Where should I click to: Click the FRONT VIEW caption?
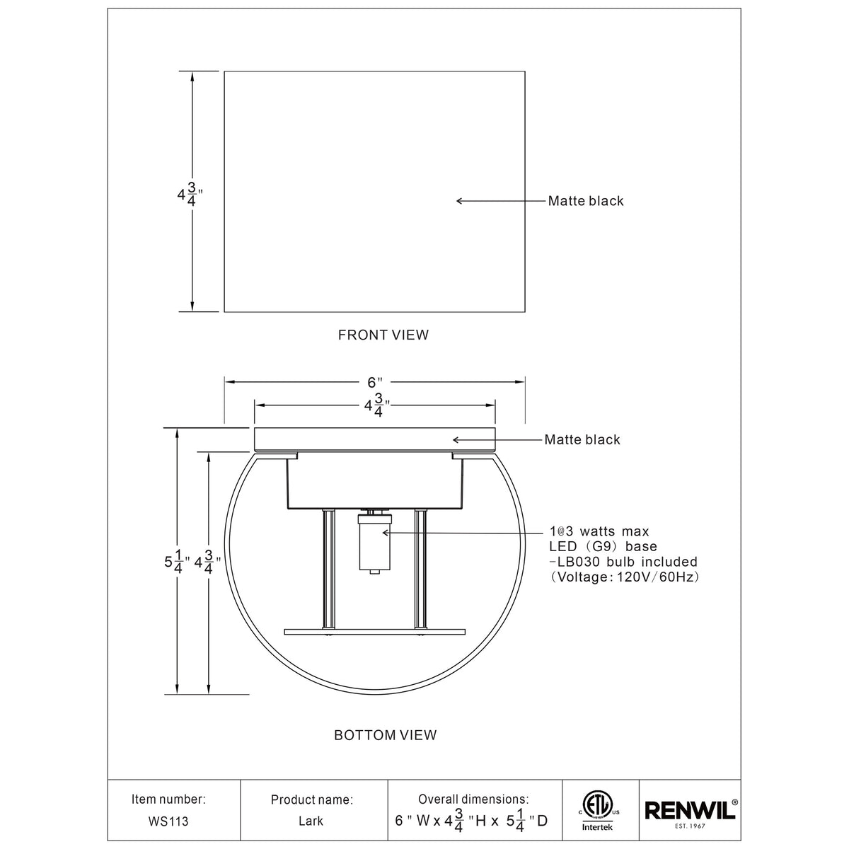pyautogui.click(x=383, y=335)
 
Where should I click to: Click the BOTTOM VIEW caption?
pyautogui.click(x=385, y=735)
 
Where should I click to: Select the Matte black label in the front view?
pyautogui.click(x=586, y=201)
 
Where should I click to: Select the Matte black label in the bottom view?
pyautogui.click(x=582, y=440)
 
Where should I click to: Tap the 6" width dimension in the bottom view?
pyautogui.click(x=374, y=383)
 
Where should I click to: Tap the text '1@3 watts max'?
pyautogui.click(x=599, y=531)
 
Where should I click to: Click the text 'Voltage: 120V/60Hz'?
pyautogui.click(x=625, y=577)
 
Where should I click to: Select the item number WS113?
pyautogui.click(x=169, y=821)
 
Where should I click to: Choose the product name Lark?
pyautogui.click(x=311, y=821)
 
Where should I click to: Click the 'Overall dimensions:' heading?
pyautogui.click(x=473, y=799)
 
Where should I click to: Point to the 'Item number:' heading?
pyautogui.click(x=169, y=799)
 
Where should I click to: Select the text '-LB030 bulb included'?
pyautogui.click(x=623, y=562)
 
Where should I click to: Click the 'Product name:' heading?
pyautogui.click(x=311, y=800)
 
